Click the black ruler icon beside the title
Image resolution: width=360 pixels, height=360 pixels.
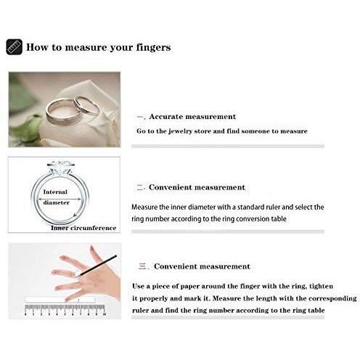tap(14, 47)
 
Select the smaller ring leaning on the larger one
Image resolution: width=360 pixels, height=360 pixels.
tap(86, 107)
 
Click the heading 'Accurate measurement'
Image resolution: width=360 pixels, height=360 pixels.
tap(192, 117)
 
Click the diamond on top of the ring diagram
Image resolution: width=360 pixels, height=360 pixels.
tap(60, 167)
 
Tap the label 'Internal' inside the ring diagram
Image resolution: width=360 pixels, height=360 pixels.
tap(55, 192)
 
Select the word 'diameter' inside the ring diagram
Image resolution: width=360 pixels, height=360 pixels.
tap(57, 202)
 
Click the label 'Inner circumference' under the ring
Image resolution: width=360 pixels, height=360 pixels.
tap(83, 228)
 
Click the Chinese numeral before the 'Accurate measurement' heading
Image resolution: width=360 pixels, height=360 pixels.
tap(141, 117)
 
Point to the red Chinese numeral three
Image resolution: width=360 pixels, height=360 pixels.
tap(142, 266)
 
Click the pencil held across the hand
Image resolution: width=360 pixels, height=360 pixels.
tap(97, 266)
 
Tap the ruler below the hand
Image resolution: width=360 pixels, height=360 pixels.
tap(65, 310)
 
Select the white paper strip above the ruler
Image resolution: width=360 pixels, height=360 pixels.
tap(60, 300)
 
